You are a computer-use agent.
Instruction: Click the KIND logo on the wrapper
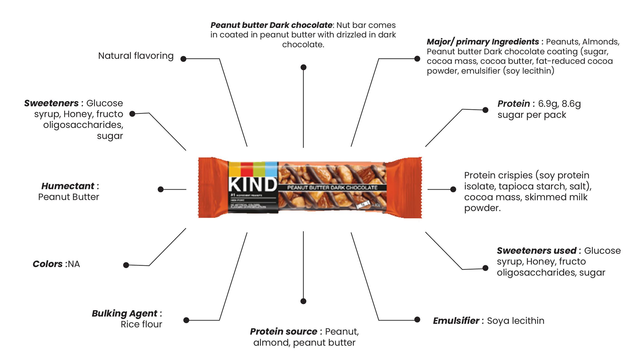[252, 184]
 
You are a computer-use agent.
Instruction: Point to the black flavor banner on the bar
[332, 188]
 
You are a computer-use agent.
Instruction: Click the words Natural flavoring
[136, 56]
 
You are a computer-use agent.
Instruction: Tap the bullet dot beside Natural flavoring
[183, 59]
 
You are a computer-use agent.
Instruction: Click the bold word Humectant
[68, 186]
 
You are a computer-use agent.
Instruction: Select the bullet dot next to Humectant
[161, 190]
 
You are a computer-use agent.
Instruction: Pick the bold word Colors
[48, 264]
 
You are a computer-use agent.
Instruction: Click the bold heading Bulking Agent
[124, 313]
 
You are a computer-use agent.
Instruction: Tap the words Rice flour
[141, 324]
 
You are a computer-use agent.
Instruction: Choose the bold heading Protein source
[283, 332]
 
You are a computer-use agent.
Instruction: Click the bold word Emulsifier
[456, 321]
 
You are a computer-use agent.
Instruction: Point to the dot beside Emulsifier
[417, 320]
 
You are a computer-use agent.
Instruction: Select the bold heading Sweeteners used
[536, 251]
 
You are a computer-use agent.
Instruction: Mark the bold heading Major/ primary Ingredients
[483, 42]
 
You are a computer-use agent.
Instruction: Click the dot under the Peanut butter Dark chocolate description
[304, 67]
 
